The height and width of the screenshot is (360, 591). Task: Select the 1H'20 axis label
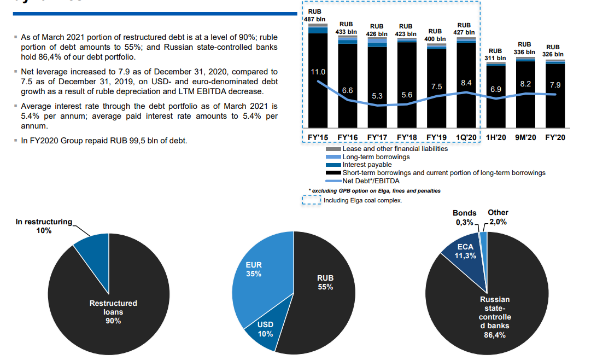click(x=496, y=137)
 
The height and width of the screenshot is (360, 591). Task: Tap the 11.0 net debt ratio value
click(x=318, y=72)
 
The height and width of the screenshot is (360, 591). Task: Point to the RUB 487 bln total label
click(x=316, y=16)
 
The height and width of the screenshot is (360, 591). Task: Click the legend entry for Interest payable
click(x=367, y=165)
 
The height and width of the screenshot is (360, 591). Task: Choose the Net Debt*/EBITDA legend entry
click(x=371, y=181)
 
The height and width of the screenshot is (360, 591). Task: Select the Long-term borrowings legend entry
click(x=376, y=157)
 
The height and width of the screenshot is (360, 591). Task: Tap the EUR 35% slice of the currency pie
click(x=257, y=274)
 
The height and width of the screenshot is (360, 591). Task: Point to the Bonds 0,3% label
click(x=464, y=218)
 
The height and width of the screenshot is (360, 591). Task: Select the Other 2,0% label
click(x=498, y=217)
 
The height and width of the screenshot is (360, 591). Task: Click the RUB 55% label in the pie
click(x=325, y=282)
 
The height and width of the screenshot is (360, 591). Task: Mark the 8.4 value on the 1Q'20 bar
click(x=466, y=83)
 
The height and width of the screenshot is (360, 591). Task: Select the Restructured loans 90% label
click(x=113, y=312)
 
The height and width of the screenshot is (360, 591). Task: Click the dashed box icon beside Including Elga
click(x=312, y=200)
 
